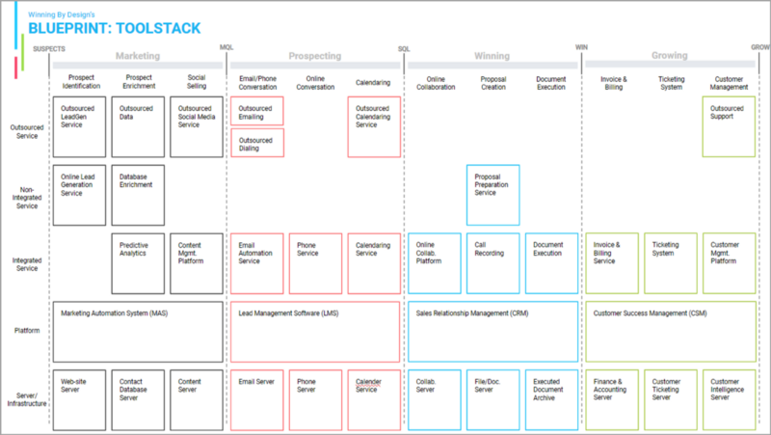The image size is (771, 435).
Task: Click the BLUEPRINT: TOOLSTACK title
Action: click(115, 28)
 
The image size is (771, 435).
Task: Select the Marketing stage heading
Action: click(137, 56)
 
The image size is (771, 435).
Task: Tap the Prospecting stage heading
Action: click(315, 56)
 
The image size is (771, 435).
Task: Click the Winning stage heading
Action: click(492, 56)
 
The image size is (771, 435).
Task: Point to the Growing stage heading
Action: click(670, 56)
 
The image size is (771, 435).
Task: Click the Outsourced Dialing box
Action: click(257, 143)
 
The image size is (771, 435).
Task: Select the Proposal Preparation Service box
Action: click(492, 196)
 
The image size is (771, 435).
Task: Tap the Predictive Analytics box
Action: click(138, 263)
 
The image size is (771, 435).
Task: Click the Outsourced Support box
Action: click(729, 125)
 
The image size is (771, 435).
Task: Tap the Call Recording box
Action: click(492, 263)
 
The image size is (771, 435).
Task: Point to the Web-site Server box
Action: click(79, 399)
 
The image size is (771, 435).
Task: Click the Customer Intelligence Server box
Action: click(729, 399)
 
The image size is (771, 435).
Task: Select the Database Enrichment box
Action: click(138, 196)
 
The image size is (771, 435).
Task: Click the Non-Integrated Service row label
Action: click(25, 198)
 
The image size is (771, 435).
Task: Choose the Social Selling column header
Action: click(196, 82)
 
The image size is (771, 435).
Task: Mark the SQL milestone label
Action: click(404, 48)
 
